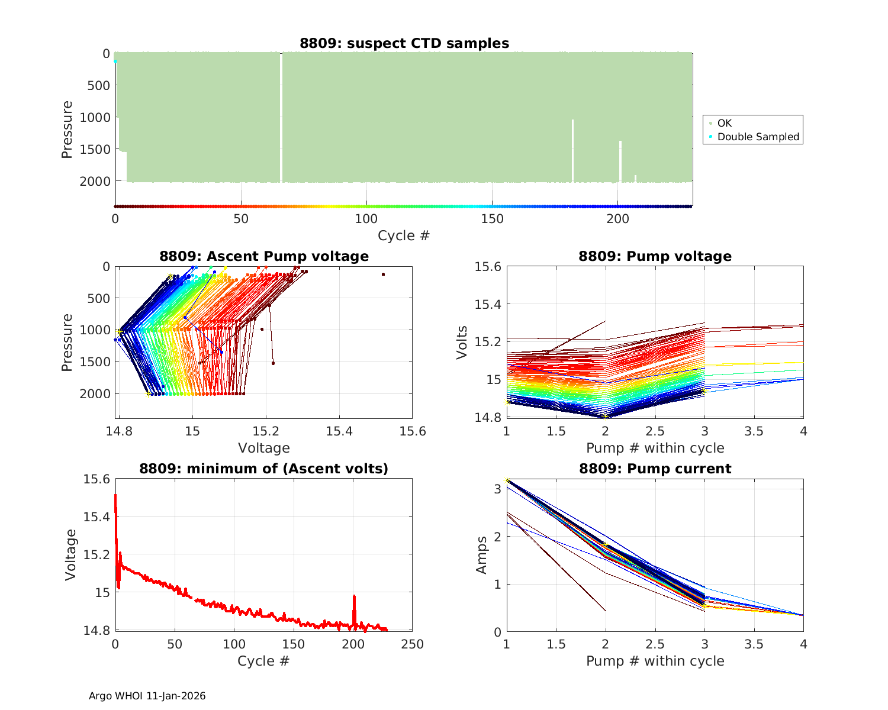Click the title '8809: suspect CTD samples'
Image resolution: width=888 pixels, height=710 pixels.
point(404,43)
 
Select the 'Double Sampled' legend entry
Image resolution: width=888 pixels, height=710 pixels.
point(758,137)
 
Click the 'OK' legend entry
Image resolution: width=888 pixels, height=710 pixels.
point(725,123)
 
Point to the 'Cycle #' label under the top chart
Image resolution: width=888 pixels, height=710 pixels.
point(404,235)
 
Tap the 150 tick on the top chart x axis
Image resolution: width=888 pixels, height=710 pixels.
point(493,219)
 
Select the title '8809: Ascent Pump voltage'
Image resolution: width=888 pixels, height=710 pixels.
point(264,256)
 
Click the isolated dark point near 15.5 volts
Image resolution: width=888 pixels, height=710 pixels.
point(383,275)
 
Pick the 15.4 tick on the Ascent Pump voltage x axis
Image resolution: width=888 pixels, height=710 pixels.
point(339,431)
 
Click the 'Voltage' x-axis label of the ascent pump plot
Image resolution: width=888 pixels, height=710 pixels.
point(264,448)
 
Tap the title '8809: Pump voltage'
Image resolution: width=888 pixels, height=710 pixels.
point(655,256)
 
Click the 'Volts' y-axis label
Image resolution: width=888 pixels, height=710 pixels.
point(462,342)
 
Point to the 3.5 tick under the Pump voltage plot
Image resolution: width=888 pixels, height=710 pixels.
point(754,431)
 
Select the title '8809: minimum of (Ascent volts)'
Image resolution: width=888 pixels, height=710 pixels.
point(264,469)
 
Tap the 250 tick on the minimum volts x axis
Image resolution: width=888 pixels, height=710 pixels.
point(413,644)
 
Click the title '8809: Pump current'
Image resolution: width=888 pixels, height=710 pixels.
point(655,469)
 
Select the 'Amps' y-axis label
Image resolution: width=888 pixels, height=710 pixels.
point(482,554)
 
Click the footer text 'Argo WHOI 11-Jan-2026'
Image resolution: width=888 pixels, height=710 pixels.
point(147,696)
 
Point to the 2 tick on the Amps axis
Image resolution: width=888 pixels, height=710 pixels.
point(498,537)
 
